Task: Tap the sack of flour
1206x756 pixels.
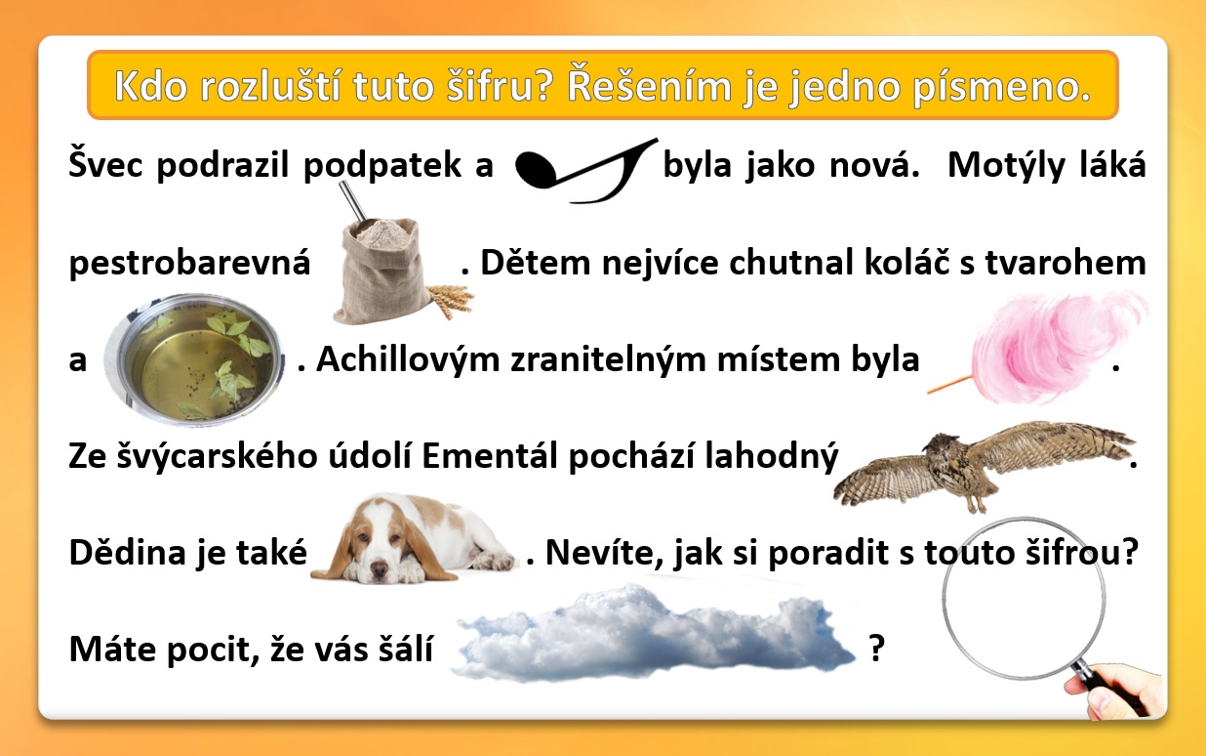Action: [x=383, y=270]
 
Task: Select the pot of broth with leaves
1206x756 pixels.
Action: [x=194, y=359]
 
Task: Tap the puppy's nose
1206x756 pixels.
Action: [x=379, y=568]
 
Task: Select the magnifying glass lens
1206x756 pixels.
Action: [x=1024, y=598]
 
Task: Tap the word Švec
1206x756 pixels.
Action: [x=106, y=164]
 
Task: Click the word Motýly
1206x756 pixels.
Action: [x=1006, y=165]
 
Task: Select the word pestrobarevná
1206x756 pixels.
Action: [x=190, y=264]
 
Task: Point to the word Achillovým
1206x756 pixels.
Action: [x=408, y=360]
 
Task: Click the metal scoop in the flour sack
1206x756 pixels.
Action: [x=356, y=206]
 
